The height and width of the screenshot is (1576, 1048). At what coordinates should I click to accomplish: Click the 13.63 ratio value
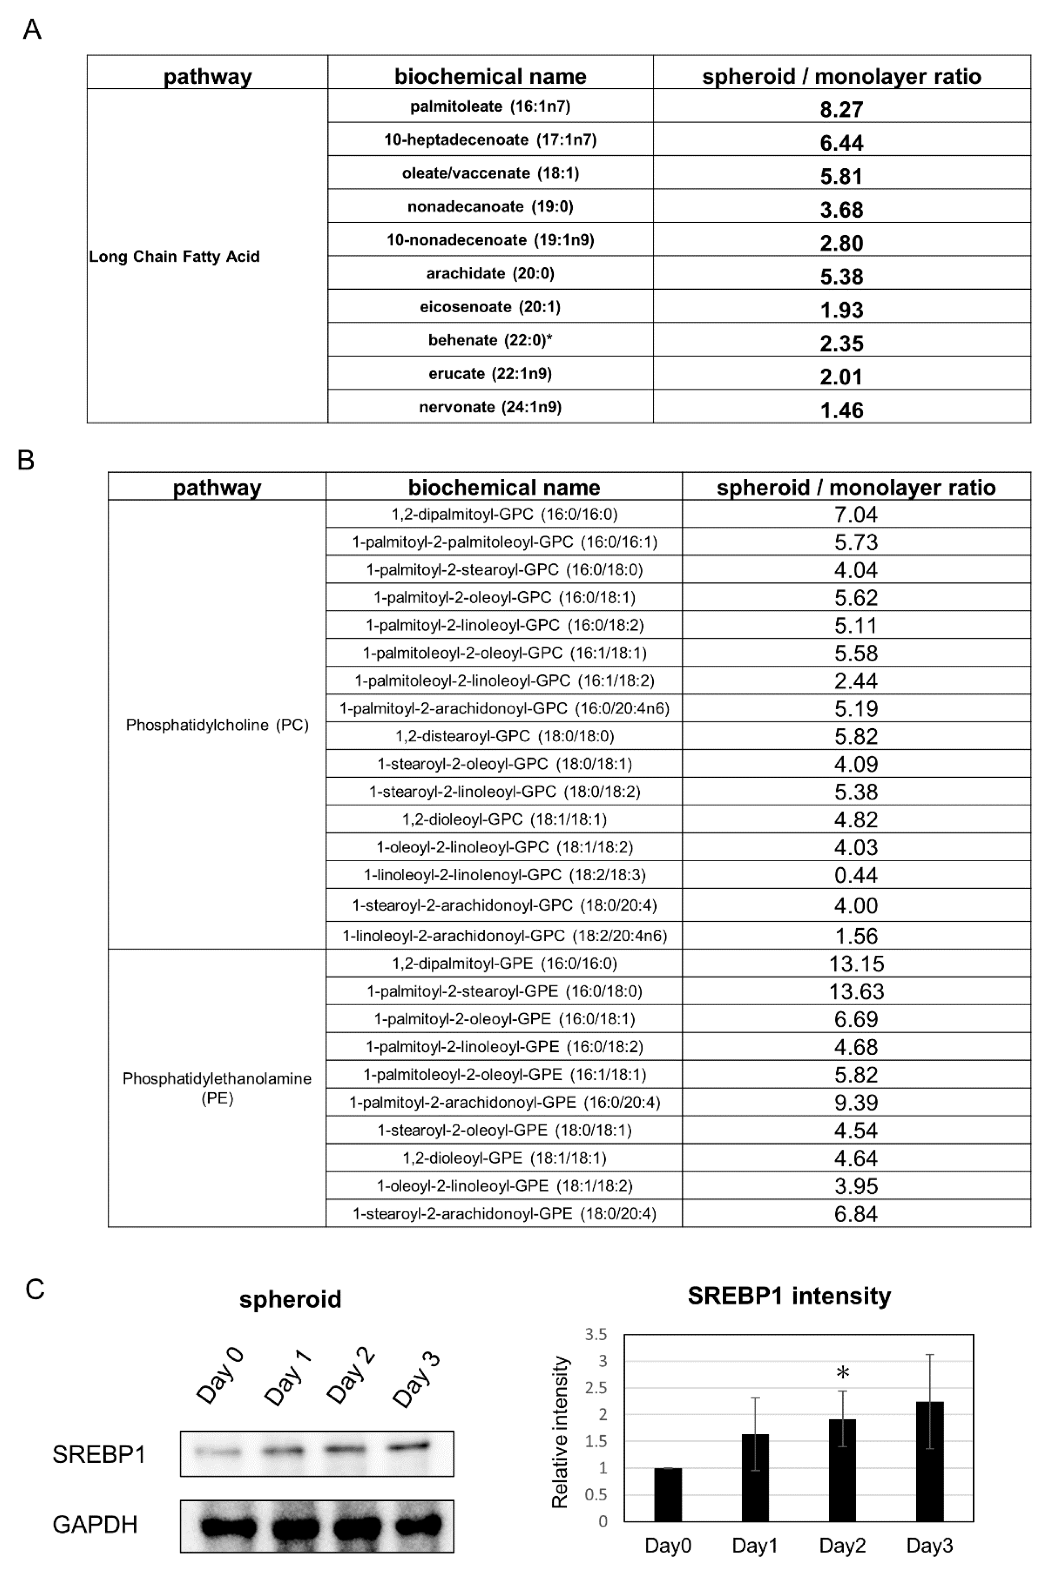856,991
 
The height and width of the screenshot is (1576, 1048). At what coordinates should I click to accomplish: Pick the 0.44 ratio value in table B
856,875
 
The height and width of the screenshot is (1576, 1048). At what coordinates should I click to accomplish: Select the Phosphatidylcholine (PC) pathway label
217,725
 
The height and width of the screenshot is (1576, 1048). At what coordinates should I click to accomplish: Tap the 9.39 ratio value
856,1102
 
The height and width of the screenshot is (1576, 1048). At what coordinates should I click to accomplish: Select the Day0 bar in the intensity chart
668,1494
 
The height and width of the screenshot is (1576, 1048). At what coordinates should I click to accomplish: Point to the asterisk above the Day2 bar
843,1373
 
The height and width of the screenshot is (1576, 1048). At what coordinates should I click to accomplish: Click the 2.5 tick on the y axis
596,1388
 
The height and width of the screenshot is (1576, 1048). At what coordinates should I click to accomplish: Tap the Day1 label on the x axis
755,1545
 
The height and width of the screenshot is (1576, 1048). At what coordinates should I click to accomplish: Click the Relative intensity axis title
560,1432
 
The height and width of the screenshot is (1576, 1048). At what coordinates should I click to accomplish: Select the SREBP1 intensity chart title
789,1296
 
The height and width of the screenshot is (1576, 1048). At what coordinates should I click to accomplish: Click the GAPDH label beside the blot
95,1525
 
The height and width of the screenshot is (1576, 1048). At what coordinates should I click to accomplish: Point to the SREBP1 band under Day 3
410,1446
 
